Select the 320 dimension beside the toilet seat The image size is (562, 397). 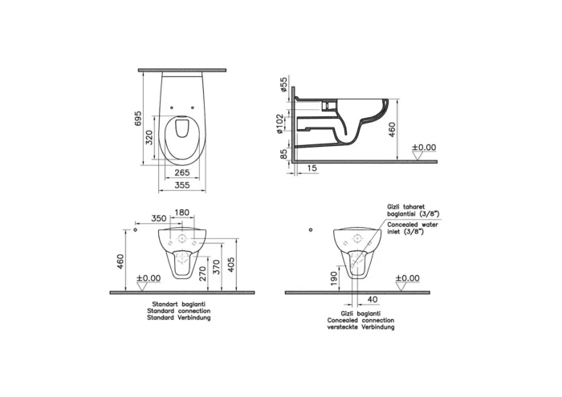click(149, 137)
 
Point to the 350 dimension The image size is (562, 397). click(158, 218)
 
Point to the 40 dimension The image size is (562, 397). click(371, 299)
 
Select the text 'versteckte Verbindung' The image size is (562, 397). click(355, 327)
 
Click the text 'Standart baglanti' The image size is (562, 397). click(173, 304)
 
